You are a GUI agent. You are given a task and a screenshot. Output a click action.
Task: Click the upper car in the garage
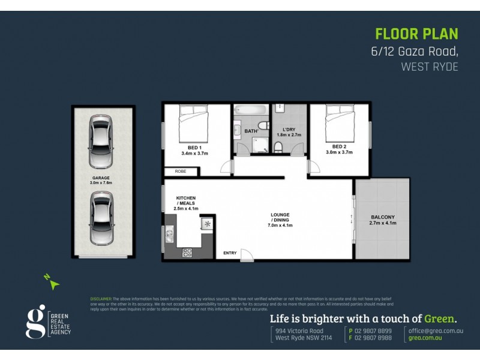click(101, 142)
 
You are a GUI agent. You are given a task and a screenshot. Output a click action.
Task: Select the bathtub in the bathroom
click(250, 110)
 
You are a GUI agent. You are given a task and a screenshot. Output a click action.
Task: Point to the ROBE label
click(181, 172)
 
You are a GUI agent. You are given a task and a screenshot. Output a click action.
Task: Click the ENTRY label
click(230, 253)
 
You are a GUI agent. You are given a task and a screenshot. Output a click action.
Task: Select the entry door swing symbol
click(247, 254)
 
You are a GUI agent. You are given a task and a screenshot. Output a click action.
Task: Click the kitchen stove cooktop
click(187, 253)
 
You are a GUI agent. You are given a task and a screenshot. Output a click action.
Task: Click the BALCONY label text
click(383, 217)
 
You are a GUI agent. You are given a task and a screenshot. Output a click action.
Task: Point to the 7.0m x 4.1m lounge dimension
click(280, 224)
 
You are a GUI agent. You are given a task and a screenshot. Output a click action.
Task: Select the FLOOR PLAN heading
click(416, 33)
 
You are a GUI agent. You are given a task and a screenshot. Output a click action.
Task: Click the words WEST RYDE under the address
click(429, 67)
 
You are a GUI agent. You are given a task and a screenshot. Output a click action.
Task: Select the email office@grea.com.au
click(436, 331)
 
